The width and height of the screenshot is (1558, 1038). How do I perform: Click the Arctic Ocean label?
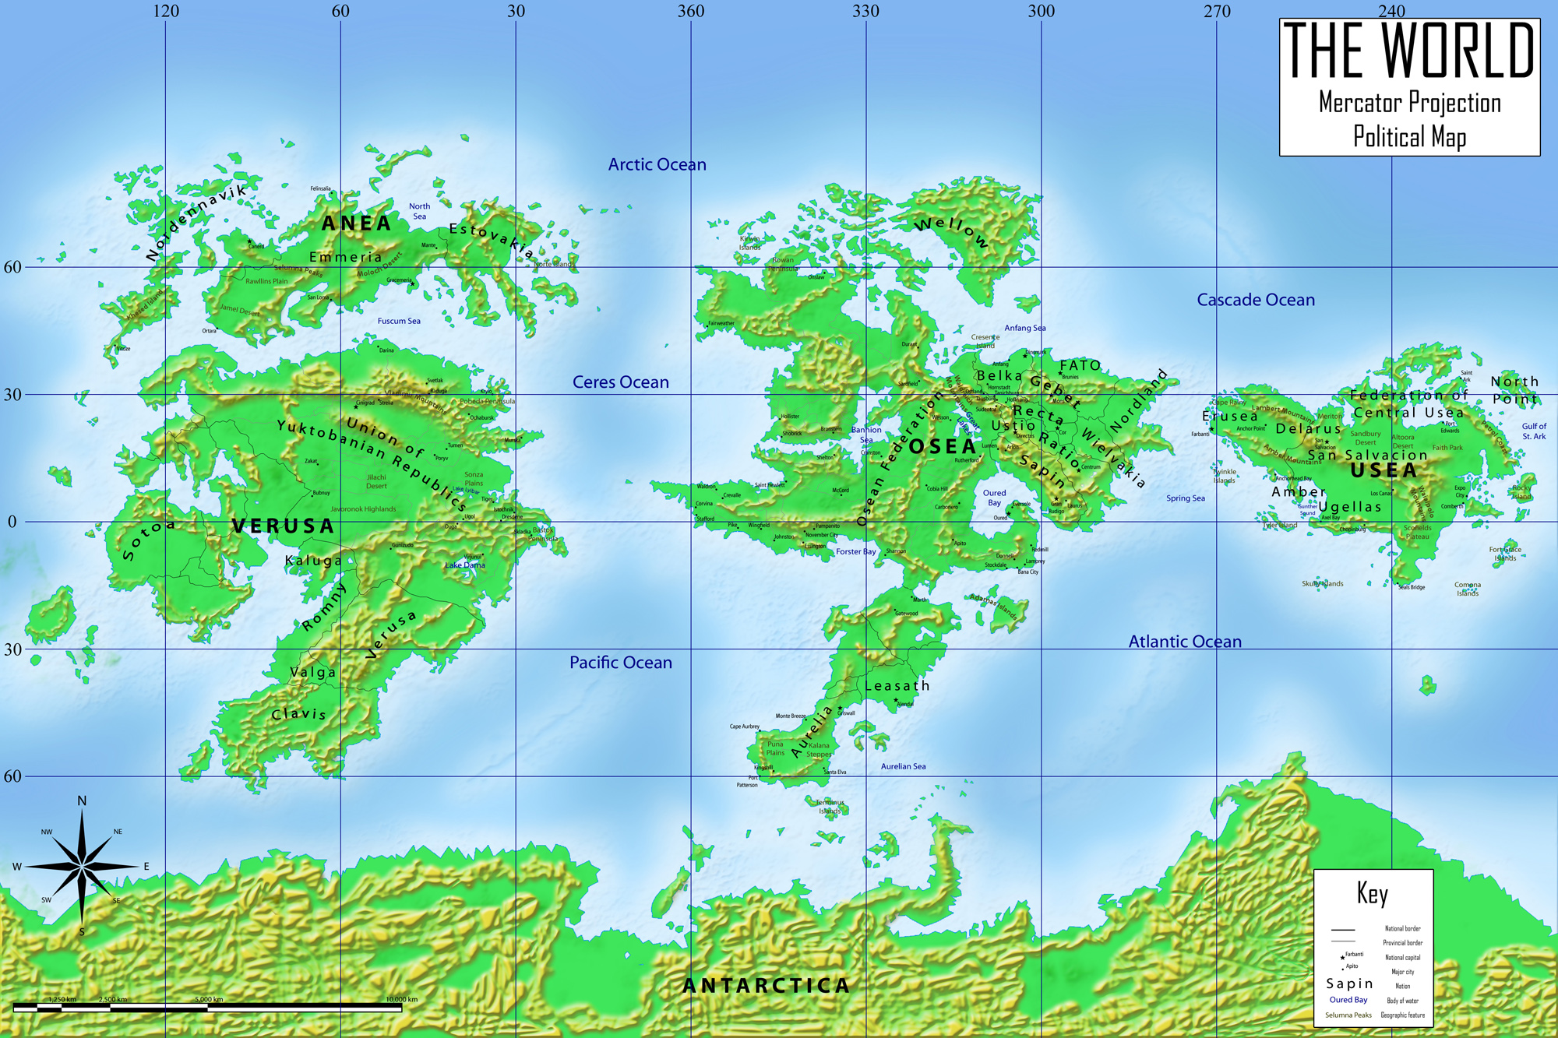pyautogui.click(x=657, y=164)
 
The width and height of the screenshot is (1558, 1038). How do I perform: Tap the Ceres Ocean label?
pyautogui.click(x=620, y=382)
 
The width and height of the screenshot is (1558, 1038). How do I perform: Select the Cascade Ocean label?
pyautogui.click(x=1255, y=300)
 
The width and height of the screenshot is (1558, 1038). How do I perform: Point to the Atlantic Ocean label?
pyautogui.click(x=1184, y=642)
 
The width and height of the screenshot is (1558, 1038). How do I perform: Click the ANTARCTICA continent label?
pyautogui.click(x=767, y=986)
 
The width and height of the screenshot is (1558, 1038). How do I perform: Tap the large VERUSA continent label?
pyautogui.click(x=284, y=526)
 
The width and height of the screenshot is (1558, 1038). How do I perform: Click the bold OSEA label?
pyautogui.click(x=943, y=447)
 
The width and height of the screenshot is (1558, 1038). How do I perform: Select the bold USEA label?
pyautogui.click(x=1384, y=470)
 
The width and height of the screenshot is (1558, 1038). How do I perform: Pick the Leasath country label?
pyautogui.click(x=897, y=686)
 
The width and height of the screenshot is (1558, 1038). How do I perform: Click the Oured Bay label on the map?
pyautogui.click(x=994, y=498)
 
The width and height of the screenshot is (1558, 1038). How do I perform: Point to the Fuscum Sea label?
pyautogui.click(x=399, y=321)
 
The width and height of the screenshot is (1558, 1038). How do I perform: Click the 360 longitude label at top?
pyautogui.click(x=690, y=11)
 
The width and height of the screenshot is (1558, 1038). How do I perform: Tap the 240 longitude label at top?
pyautogui.click(x=1391, y=11)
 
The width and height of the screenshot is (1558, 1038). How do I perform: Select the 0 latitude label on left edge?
pyautogui.click(x=12, y=522)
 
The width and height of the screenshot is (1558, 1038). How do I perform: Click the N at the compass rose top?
pyautogui.click(x=82, y=801)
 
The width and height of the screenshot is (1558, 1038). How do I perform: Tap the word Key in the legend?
pyautogui.click(x=1372, y=893)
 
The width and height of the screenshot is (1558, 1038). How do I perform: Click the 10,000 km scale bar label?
pyautogui.click(x=401, y=999)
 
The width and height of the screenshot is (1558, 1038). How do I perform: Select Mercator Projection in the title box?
pyautogui.click(x=1409, y=103)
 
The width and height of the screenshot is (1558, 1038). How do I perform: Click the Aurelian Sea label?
pyautogui.click(x=903, y=766)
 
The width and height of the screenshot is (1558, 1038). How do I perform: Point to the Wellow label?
pyautogui.click(x=951, y=231)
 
